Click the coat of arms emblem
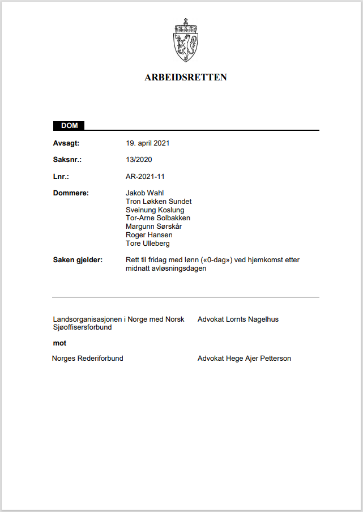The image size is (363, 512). pyautogui.click(x=185, y=40)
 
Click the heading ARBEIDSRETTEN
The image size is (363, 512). pyautogui.click(x=186, y=78)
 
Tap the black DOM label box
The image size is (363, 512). pyautogui.click(x=69, y=125)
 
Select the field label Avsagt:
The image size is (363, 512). pyautogui.click(x=66, y=143)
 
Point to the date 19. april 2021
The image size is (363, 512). pyautogui.click(x=148, y=143)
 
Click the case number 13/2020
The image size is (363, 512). pyautogui.click(x=139, y=160)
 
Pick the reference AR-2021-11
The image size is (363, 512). pyautogui.click(x=145, y=177)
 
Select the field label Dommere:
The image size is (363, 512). pyautogui.click(x=71, y=193)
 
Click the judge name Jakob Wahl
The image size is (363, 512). pyautogui.click(x=144, y=193)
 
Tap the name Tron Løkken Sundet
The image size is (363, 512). pyautogui.click(x=159, y=202)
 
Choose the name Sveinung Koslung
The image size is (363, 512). pyautogui.click(x=155, y=210)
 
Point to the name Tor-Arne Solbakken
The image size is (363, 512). pyautogui.click(x=158, y=218)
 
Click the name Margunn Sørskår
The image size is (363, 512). pyautogui.click(x=153, y=227)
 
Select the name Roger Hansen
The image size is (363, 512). pyautogui.click(x=149, y=235)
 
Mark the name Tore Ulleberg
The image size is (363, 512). pyautogui.click(x=148, y=244)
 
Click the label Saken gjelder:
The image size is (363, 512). pyautogui.click(x=78, y=260)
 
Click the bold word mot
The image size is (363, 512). pyautogui.click(x=59, y=343)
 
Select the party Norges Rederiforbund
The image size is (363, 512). pyautogui.click(x=88, y=359)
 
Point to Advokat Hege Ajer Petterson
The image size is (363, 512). pyautogui.click(x=244, y=359)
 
